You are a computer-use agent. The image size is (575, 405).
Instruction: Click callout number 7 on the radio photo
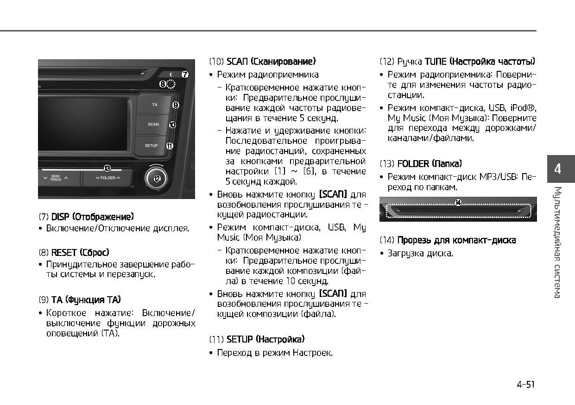185,75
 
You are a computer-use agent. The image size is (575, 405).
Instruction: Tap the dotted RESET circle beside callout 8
171,84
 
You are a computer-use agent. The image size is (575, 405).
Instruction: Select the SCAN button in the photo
153,125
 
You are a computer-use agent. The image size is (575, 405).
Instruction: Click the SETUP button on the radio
152,146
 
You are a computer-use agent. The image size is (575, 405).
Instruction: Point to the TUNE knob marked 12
157,179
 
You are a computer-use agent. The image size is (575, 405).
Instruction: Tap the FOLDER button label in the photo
108,178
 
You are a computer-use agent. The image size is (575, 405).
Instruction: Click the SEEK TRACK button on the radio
56,178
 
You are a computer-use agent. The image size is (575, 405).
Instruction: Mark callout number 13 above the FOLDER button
107,168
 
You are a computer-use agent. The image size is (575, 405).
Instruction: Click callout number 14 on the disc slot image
458,203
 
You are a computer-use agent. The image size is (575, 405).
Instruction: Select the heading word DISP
60,217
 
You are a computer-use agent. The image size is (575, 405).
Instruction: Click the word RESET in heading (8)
64,253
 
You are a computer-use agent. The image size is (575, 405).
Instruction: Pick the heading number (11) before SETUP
216,340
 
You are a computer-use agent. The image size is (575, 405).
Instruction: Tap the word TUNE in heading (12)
436,62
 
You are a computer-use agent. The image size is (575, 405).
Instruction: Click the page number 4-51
525,385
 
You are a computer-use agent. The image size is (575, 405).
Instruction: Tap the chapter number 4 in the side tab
557,169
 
